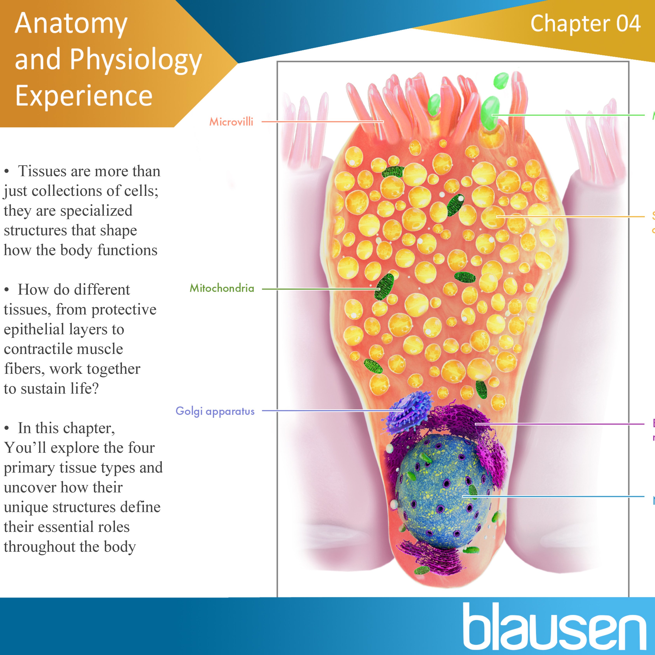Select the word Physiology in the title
136,60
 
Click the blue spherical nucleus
441,492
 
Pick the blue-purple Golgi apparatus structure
407,412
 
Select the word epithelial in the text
34,329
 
